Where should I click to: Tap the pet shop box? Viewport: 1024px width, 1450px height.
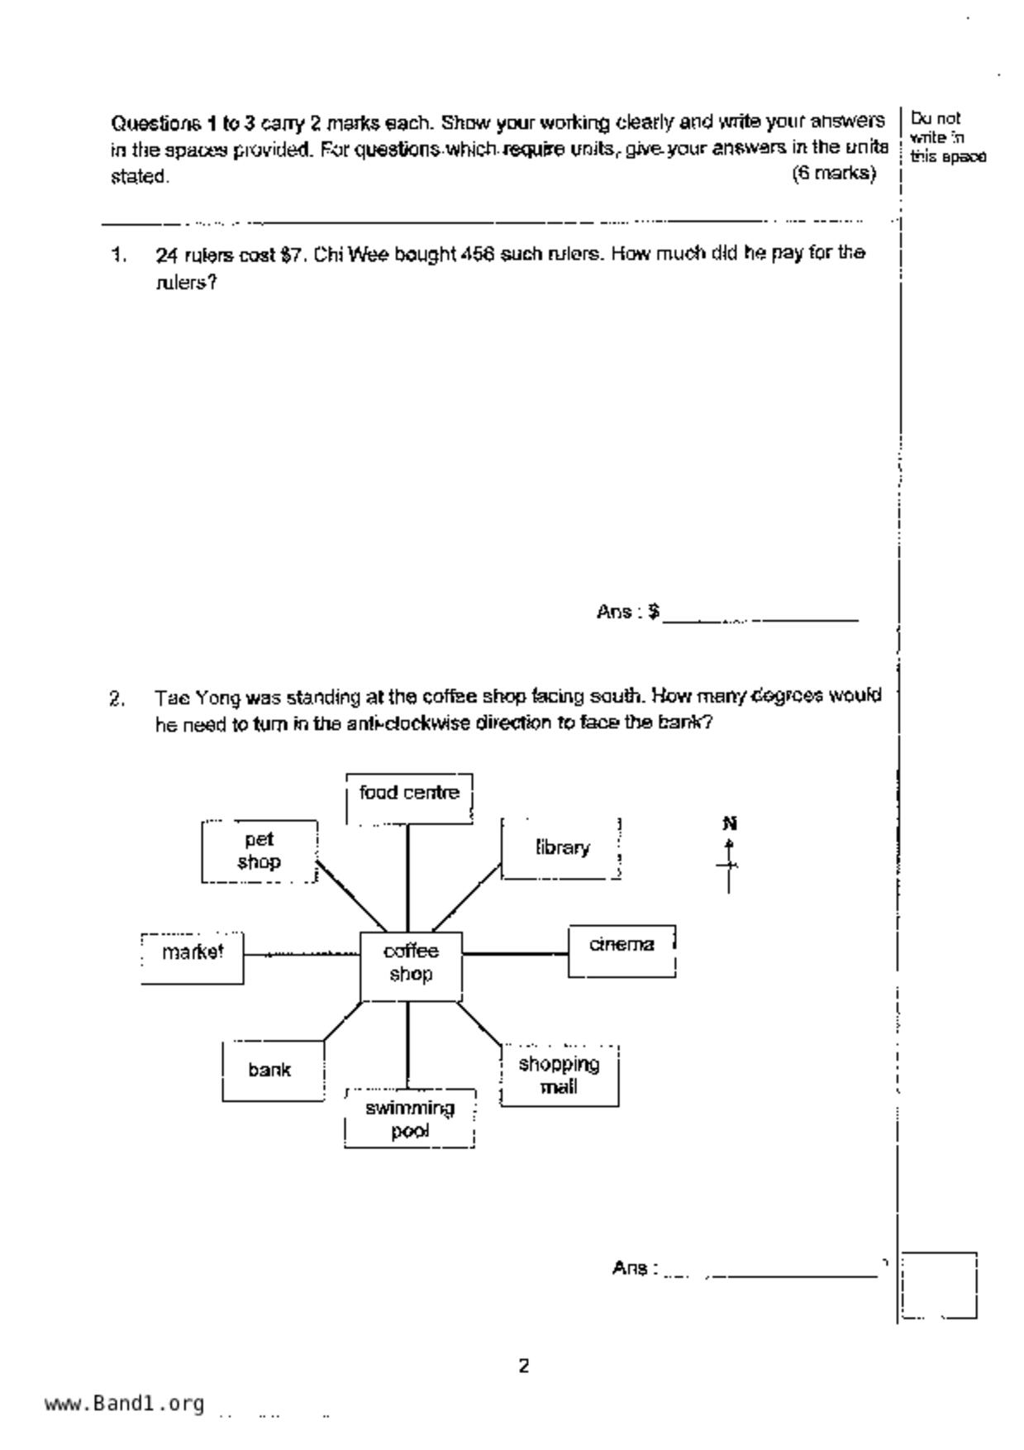click(x=259, y=851)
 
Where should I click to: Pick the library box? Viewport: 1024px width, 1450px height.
click(x=561, y=848)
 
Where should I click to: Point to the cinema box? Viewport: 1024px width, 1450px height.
click(x=622, y=951)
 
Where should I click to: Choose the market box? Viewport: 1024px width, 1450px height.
click(x=193, y=957)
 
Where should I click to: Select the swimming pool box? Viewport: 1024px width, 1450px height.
click(x=410, y=1119)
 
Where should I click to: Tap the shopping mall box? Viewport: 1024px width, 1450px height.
click(x=560, y=1076)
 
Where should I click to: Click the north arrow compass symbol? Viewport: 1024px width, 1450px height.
click(x=729, y=860)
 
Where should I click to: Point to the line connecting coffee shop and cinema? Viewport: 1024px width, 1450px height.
click(x=515, y=954)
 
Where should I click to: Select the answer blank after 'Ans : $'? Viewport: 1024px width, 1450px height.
click(x=760, y=614)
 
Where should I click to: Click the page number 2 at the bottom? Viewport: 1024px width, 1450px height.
click(x=524, y=1366)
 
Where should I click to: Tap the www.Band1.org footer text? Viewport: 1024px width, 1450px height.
click(x=125, y=1404)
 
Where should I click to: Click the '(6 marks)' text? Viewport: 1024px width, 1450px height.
click(x=834, y=174)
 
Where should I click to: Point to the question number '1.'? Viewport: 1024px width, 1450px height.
click(x=119, y=255)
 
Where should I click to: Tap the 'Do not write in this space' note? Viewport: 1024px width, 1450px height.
click(x=947, y=138)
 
